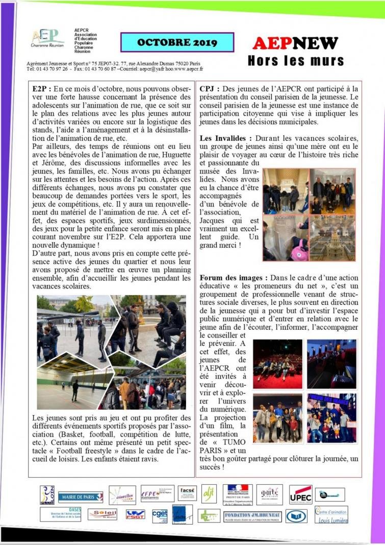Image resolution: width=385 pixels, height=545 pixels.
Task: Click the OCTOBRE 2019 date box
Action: (x=177, y=43)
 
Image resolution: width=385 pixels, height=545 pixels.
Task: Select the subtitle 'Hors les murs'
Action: (x=296, y=61)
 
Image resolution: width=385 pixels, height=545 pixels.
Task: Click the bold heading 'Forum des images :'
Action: (x=234, y=278)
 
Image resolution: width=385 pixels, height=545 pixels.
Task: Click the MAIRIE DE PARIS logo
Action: (x=80, y=497)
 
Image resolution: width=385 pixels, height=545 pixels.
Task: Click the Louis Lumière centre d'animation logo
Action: (x=331, y=515)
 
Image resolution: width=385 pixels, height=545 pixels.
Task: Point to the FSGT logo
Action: (x=135, y=515)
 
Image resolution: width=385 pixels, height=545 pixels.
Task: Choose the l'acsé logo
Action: (x=187, y=492)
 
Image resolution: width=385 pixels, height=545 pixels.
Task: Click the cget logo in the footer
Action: (x=160, y=515)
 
